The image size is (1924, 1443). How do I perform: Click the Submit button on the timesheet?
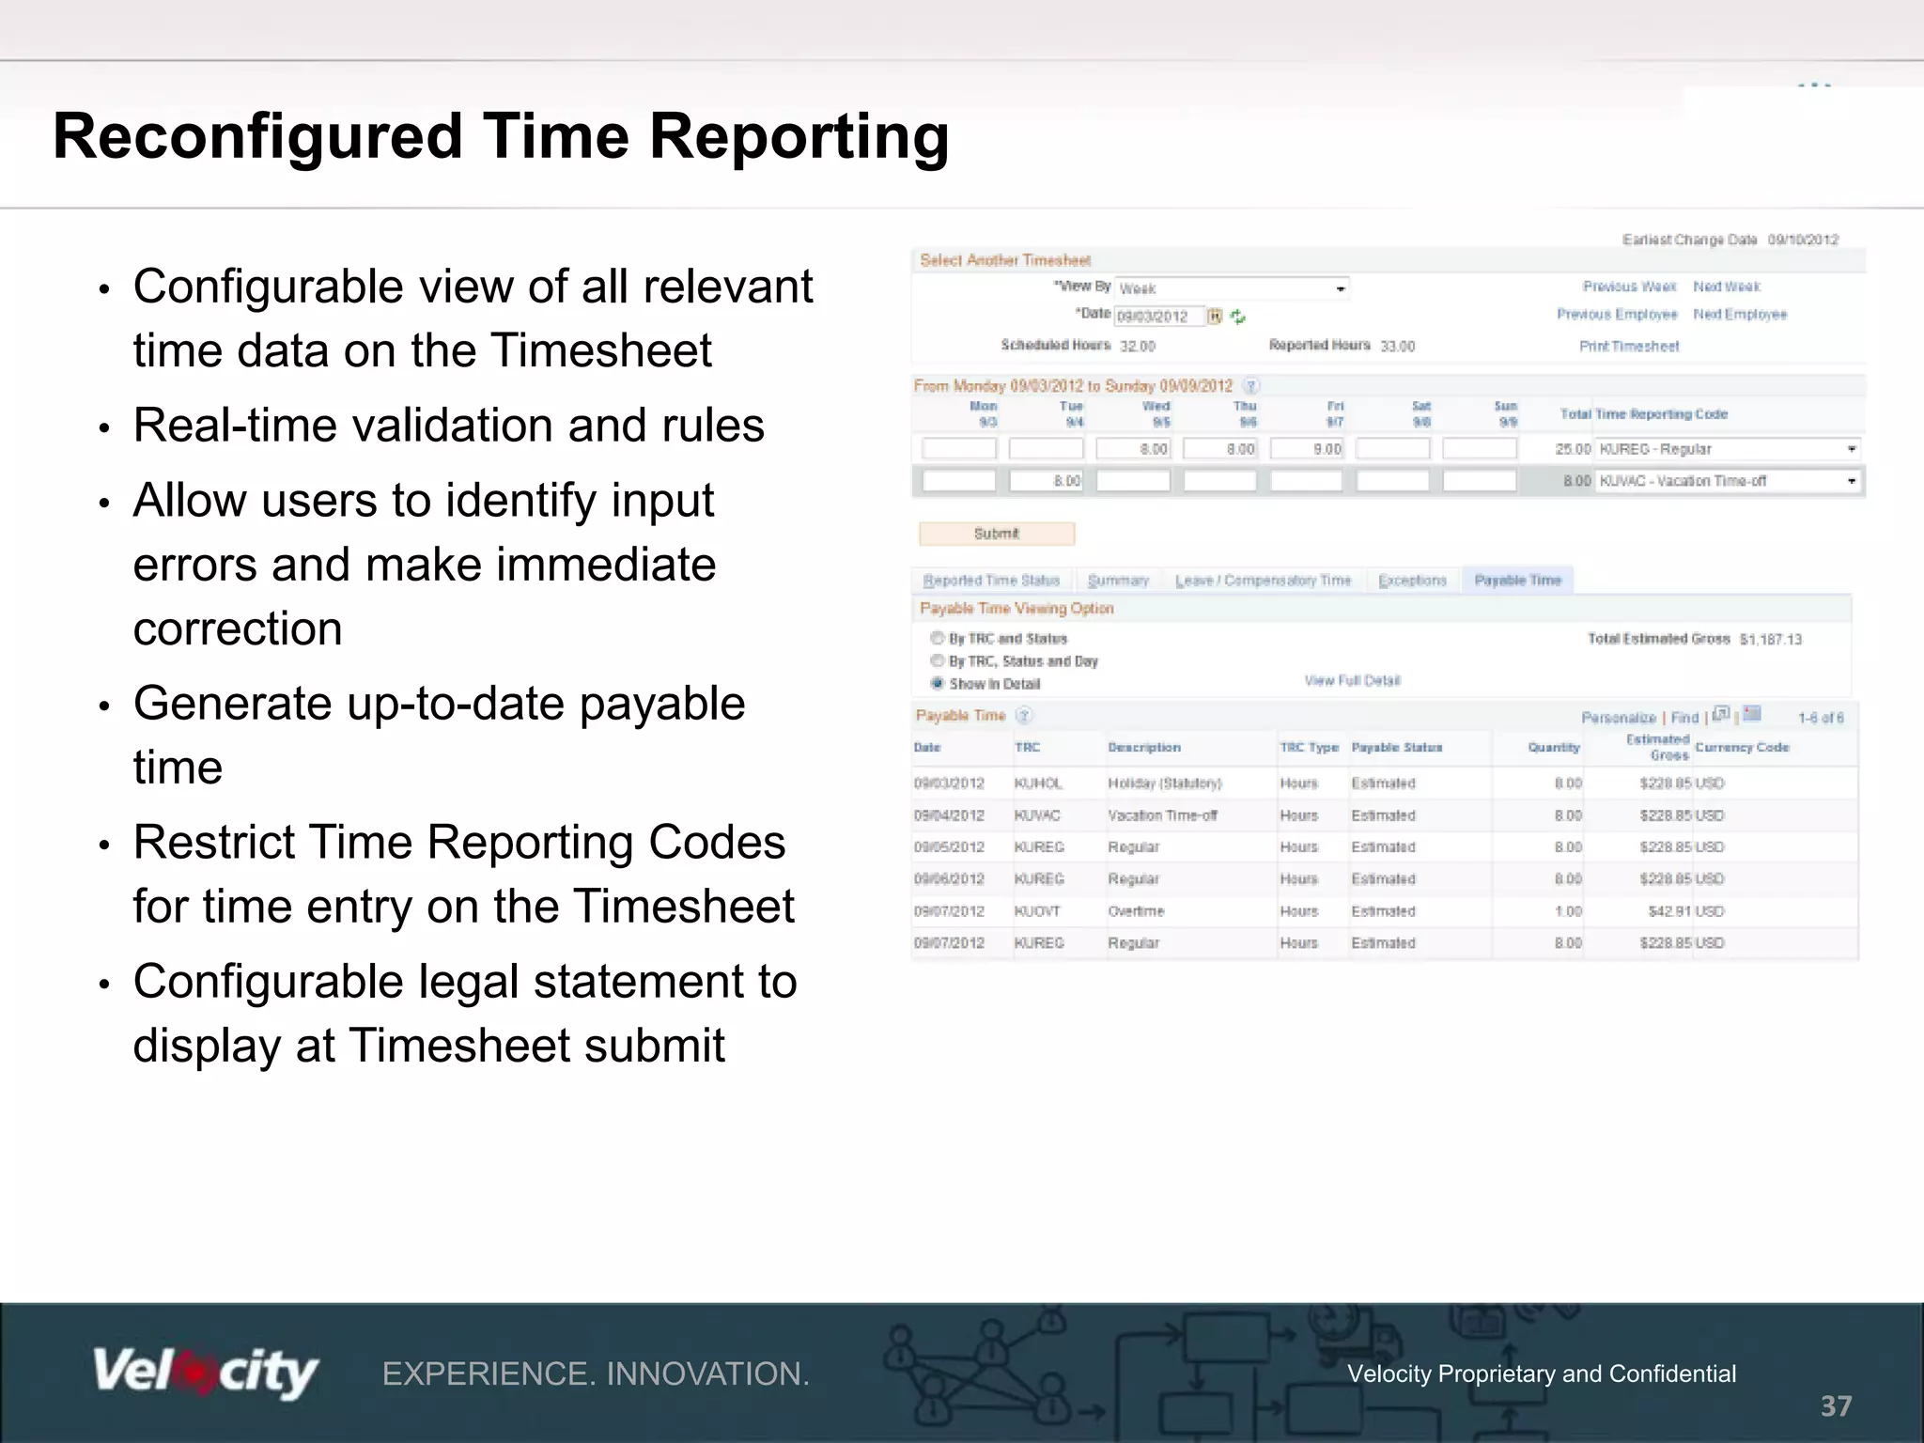pos(996,534)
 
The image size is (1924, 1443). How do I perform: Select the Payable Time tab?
pos(1517,581)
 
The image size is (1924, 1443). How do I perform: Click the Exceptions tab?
pos(1412,581)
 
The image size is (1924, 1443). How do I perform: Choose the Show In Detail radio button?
pos(937,683)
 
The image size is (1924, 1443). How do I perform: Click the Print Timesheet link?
pos(1628,346)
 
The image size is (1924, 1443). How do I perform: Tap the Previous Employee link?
pos(1616,314)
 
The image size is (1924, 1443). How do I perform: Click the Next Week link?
pos(1726,287)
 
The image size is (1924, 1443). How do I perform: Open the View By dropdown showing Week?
pos(1232,288)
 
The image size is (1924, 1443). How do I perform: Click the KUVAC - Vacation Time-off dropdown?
pos(1727,481)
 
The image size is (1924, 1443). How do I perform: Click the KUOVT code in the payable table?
pos(1037,911)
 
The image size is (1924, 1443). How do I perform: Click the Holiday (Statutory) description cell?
pos(1164,784)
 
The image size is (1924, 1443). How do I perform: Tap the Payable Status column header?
pos(1396,748)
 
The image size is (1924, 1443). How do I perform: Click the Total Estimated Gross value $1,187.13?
pos(1770,640)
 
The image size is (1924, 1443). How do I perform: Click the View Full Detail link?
pos(1352,680)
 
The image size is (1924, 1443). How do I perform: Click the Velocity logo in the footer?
pos(205,1373)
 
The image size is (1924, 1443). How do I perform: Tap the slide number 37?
pos(1836,1406)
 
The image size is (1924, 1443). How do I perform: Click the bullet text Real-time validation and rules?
pos(448,426)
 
